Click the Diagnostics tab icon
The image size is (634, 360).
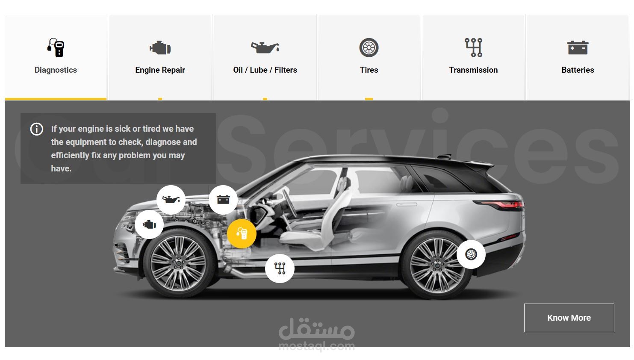56,47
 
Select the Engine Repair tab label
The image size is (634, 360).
160,70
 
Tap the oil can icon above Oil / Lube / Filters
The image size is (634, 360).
265,47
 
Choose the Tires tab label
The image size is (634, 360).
369,70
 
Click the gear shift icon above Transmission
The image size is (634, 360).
473,47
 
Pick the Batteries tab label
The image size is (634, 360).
578,70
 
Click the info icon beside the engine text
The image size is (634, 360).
37,129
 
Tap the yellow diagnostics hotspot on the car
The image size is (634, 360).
242,234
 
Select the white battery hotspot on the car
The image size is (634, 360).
223,200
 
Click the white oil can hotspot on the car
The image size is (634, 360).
171,200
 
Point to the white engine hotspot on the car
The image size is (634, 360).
149,224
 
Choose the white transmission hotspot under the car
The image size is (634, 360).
280,269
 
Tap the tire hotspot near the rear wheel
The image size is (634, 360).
471,254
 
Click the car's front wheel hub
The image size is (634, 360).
178,264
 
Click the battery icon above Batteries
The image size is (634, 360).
578,47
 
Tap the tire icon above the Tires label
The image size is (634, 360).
369,47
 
